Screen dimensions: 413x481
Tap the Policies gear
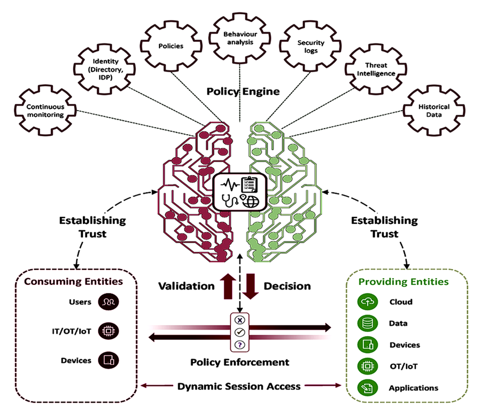coord(170,46)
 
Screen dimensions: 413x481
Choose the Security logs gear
coord(307,46)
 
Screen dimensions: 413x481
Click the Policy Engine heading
coord(243,91)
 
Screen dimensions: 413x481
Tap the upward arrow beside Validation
coord(228,285)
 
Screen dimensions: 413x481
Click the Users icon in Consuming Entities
coord(109,302)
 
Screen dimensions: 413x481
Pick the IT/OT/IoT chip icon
coord(109,331)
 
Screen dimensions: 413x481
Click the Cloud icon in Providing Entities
coord(367,302)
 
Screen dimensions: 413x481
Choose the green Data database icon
coord(367,324)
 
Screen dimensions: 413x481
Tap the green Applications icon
coord(367,388)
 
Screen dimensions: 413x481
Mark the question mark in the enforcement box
coord(240,345)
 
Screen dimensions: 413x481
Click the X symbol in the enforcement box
coord(240,321)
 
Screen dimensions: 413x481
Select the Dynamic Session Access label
coord(239,386)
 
